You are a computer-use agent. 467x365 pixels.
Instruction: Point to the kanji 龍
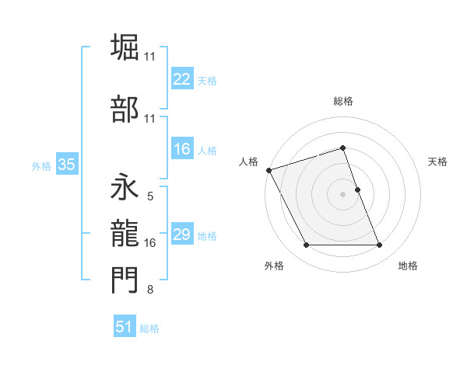coord(125,232)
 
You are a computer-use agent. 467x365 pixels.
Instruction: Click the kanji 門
coord(125,279)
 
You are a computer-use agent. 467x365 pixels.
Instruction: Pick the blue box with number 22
coord(182,79)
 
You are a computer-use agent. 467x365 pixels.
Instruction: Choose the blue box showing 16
coord(182,150)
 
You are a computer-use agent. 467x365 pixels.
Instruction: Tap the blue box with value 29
coord(182,235)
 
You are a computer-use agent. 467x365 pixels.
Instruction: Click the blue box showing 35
coord(66,165)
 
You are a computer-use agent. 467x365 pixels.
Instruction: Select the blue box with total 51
coord(125,327)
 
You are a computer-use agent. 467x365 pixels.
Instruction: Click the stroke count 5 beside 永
coord(149,196)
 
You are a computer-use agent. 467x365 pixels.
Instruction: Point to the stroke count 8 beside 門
coord(149,290)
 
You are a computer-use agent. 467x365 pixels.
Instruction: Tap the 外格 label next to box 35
coord(41,165)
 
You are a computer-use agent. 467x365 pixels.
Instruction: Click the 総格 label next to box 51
coord(149,328)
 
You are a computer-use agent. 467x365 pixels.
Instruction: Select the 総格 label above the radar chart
coord(342,101)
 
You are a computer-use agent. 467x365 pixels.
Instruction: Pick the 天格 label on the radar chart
coord(438,162)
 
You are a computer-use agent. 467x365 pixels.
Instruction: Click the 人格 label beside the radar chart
coord(248,162)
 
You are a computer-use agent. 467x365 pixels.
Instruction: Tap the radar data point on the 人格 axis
coord(269,170)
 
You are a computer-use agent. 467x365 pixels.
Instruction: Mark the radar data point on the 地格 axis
coord(380,245)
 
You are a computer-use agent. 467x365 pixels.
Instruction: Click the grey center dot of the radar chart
coord(342,194)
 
